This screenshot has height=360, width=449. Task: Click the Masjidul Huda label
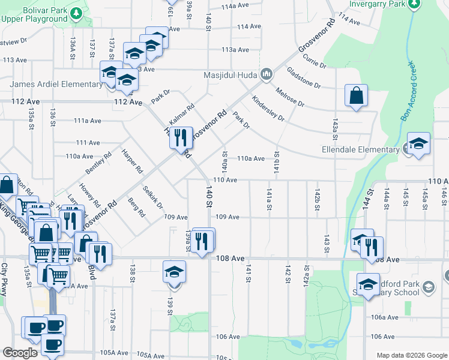[230, 76]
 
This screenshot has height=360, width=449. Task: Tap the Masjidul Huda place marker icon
[267, 75]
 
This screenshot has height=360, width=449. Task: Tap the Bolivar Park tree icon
[76, 13]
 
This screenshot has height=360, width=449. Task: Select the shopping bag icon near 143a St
[356, 95]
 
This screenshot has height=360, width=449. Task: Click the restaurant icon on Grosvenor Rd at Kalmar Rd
[180, 138]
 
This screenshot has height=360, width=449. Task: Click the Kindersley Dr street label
[268, 109]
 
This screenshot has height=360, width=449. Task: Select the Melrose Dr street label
[291, 97]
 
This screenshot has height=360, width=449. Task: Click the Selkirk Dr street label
[153, 197]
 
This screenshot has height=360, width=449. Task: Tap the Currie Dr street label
[315, 61]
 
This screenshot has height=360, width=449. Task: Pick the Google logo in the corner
[20, 353]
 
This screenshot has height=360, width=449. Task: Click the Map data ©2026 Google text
[412, 355]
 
